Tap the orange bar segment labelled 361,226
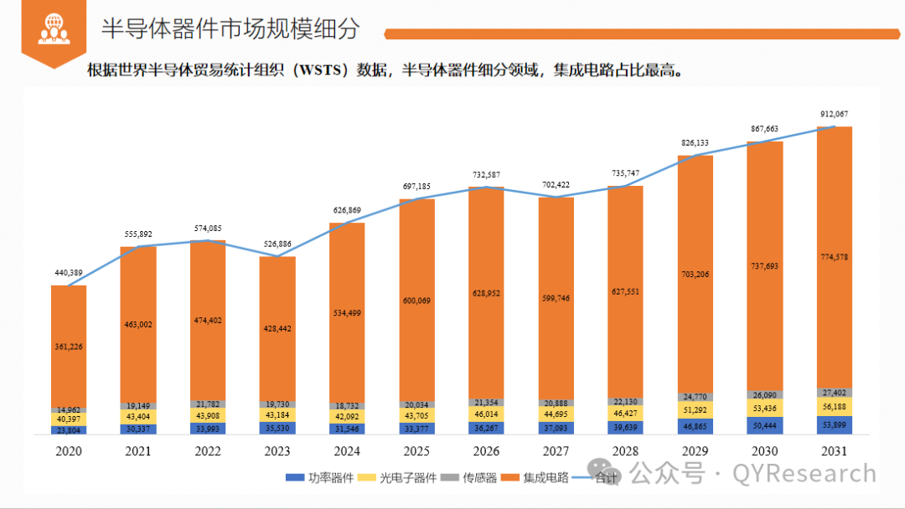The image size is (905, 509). coord(68,346)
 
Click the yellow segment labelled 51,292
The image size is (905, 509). coord(695,409)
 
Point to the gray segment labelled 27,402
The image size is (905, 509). coord(835,393)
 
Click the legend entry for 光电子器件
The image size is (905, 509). coord(396,478)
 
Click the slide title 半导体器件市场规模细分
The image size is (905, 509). coord(230,28)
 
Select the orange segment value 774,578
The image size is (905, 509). coord(835,257)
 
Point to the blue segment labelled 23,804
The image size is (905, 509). coord(68,430)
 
